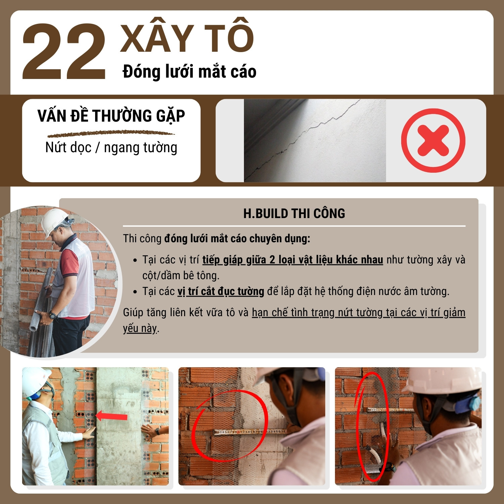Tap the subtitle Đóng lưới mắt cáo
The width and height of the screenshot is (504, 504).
tap(190, 72)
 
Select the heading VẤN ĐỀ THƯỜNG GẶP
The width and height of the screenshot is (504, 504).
tap(111, 116)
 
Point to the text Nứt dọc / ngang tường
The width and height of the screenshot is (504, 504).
tap(111, 148)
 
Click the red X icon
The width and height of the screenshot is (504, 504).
tap(433, 140)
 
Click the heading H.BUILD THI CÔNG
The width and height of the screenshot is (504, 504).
tap(294, 214)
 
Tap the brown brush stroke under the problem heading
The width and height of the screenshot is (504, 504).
tap(111, 134)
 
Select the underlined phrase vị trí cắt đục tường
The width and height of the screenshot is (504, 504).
tap(221, 291)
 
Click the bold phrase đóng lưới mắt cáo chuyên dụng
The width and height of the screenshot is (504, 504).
tap(237, 239)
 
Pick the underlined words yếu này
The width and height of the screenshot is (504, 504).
tap(140, 328)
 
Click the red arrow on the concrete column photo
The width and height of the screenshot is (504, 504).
tap(111, 416)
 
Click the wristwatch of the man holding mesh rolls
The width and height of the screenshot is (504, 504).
tap(52, 316)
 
